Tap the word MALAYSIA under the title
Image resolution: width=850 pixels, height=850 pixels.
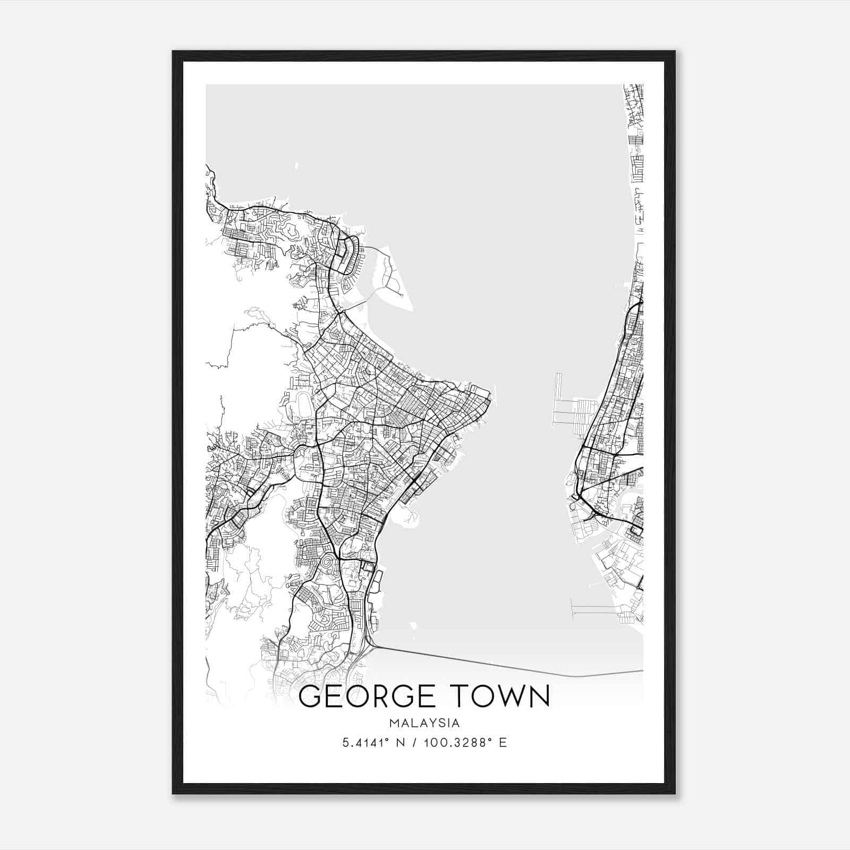pyautogui.click(x=424, y=723)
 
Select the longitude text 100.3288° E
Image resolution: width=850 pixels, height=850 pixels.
pyautogui.click(x=465, y=742)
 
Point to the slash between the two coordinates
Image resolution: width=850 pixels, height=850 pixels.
pyautogui.click(x=415, y=742)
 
